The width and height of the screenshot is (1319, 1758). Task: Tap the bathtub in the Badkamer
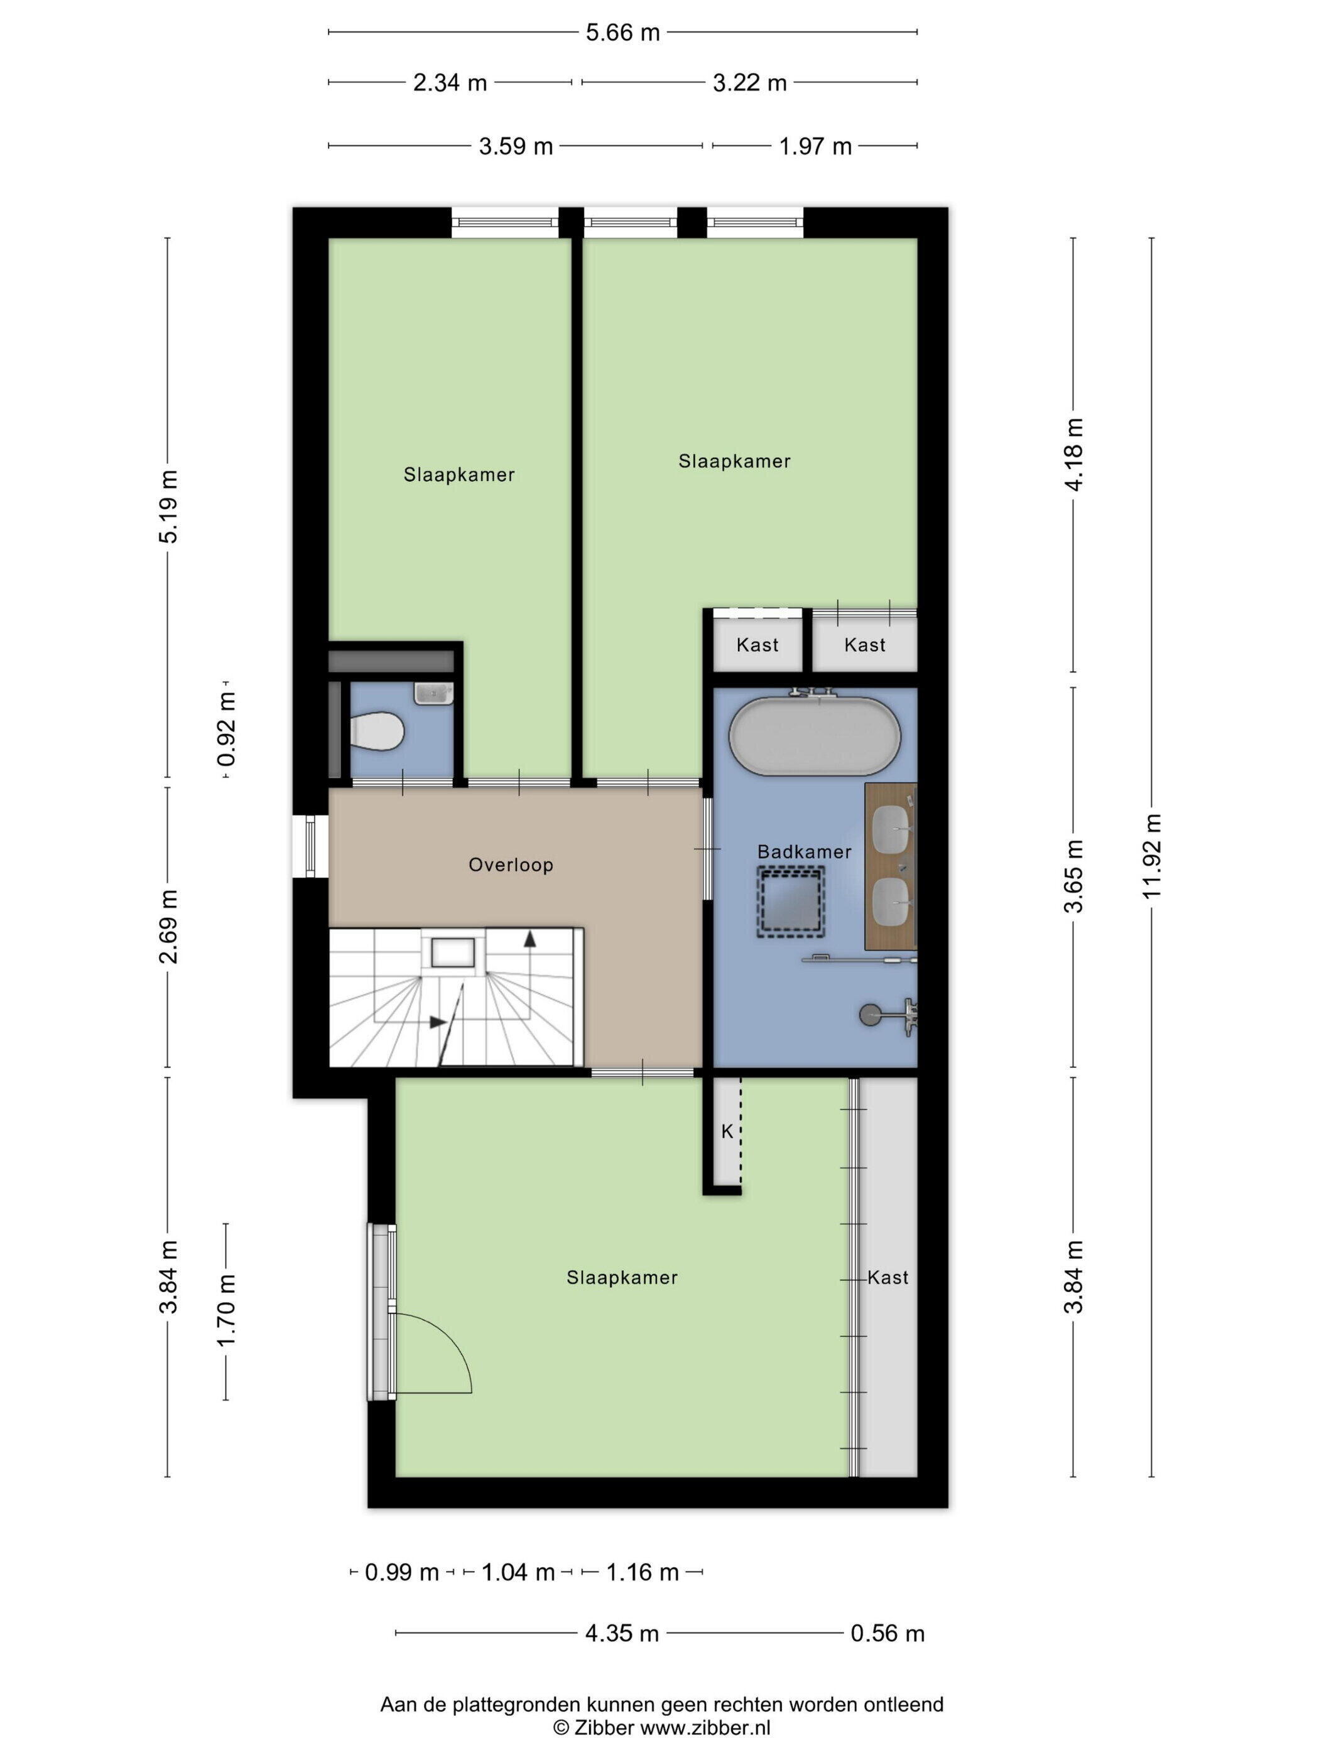(815, 736)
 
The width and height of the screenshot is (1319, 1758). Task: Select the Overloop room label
(511, 865)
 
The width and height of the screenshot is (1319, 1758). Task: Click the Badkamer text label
(804, 851)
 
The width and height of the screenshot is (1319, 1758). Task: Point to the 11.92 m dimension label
(1152, 856)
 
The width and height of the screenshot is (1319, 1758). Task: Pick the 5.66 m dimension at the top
(622, 33)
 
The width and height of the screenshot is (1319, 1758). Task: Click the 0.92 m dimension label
(227, 730)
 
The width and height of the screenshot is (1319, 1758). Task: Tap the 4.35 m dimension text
(622, 1633)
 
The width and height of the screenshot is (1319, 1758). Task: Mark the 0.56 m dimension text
(887, 1633)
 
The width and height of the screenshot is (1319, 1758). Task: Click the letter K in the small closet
(727, 1132)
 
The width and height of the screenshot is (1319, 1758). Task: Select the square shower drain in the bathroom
(790, 901)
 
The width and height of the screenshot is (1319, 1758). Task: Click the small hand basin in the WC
(433, 693)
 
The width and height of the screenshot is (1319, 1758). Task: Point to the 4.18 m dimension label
(1074, 455)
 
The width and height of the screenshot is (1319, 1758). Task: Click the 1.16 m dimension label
(643, 1572)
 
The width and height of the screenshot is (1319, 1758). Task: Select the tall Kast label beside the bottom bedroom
(887, 1277)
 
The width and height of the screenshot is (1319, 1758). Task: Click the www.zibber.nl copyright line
(661, 1728)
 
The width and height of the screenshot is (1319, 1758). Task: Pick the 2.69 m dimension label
(168, 927)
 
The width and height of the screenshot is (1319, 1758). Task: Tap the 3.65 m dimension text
(1074, 876)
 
